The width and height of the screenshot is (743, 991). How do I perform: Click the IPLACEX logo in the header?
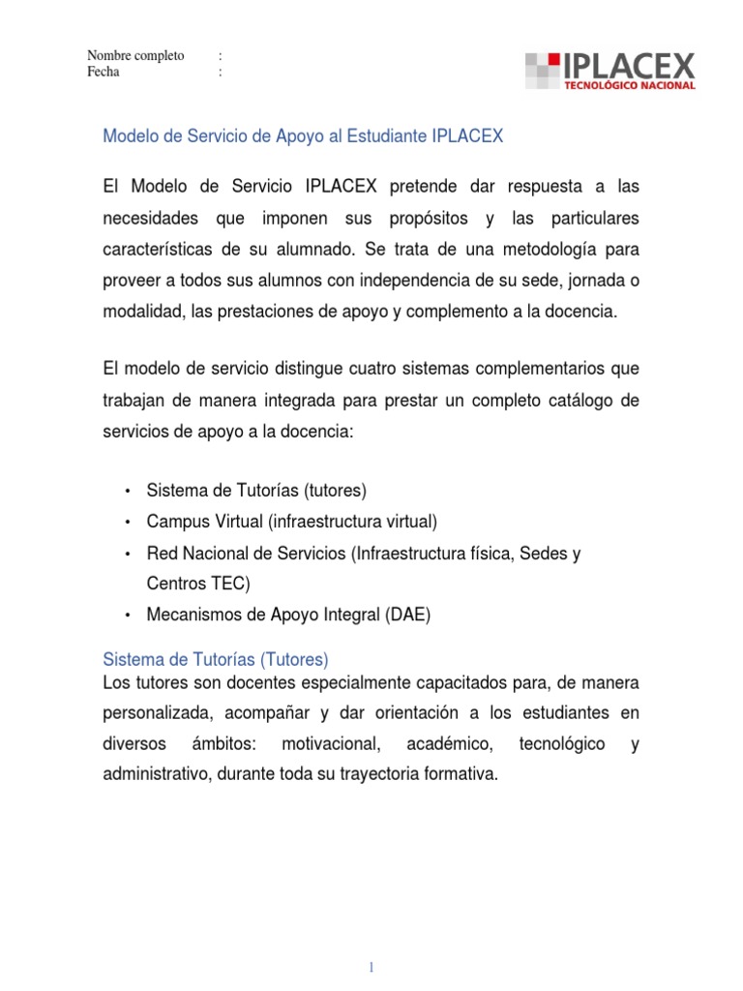610,71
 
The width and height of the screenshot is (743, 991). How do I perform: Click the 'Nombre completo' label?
135,56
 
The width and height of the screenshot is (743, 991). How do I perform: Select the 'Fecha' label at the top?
104,72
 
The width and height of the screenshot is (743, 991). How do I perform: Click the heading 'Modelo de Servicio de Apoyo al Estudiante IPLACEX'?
303,136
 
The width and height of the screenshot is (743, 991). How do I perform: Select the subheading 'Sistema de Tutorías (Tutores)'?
216,659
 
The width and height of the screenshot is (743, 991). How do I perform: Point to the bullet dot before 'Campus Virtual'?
128,523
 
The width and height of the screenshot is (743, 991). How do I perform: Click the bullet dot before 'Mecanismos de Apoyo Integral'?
128,615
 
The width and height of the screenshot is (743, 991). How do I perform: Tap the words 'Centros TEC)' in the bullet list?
197,583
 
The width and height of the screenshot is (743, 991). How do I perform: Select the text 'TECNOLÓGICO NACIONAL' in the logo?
630,86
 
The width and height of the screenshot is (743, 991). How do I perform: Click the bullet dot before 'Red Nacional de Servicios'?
128,555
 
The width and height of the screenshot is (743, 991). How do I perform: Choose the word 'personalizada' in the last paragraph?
152,713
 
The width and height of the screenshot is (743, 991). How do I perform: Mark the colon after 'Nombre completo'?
222,56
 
